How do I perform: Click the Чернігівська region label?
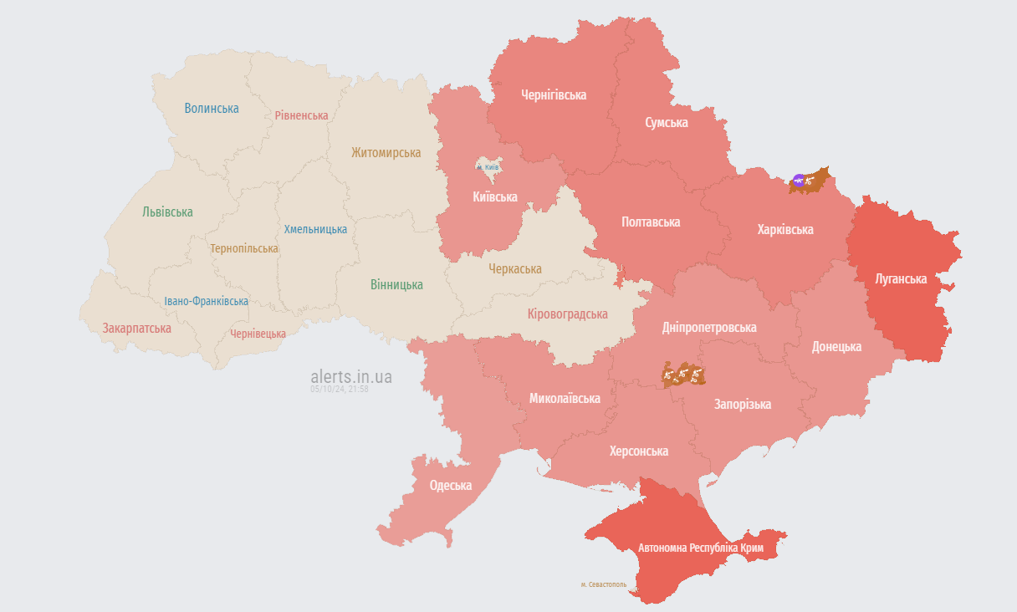pos(553,94)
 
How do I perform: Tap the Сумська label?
pos(667,123)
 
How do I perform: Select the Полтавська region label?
pos(651,222)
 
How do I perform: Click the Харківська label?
pos(784,229)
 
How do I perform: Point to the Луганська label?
pos(901,278)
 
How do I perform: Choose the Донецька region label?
pos(836,346)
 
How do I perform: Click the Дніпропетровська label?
pos(708,327)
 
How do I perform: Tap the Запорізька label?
pos(742,404)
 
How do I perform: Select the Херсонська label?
pos(639,451)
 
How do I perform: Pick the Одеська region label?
pos(450,485)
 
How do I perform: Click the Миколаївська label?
pos(565,398)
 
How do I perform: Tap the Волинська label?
pos(212,108)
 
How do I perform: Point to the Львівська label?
pos(167,212)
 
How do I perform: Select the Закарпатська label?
pos(137,328)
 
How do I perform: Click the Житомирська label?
pos(386,152)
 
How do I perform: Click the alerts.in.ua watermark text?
pos(350,376)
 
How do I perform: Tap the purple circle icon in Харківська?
pos(799,180)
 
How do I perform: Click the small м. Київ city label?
pos(488,167)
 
